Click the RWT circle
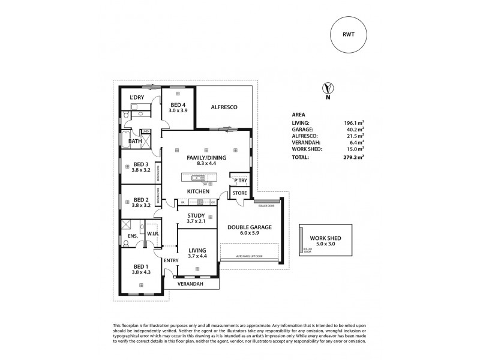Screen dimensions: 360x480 347,35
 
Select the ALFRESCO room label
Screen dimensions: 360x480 225,107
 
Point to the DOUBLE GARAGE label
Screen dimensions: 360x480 250,227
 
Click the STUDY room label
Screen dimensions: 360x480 196,215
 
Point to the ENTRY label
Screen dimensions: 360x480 170,260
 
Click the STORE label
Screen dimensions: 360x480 239,193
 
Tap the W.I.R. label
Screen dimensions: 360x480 152,234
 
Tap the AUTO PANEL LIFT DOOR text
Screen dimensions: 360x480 249,257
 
